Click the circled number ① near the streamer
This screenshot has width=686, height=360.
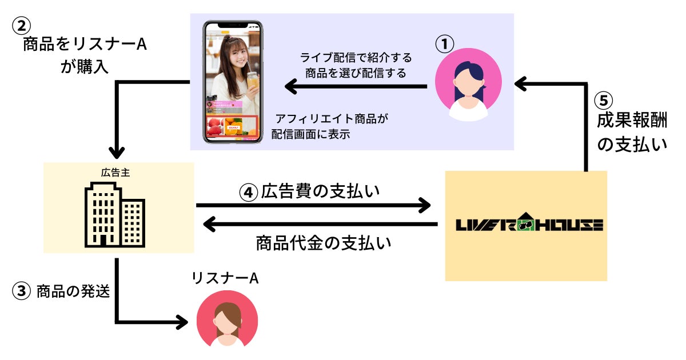tap(444, 43)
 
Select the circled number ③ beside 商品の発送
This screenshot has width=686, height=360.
tap(21, 291)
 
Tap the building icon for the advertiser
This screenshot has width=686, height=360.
tap(114, 215)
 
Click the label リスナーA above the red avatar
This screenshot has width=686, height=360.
tap(225, 278)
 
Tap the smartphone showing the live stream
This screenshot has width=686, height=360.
tap(234, 82)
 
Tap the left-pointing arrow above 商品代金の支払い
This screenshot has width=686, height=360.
tap(320, 225)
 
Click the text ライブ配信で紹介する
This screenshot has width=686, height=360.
tap(356, 58)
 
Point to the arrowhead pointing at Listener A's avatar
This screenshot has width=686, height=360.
tap(182, 322)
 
